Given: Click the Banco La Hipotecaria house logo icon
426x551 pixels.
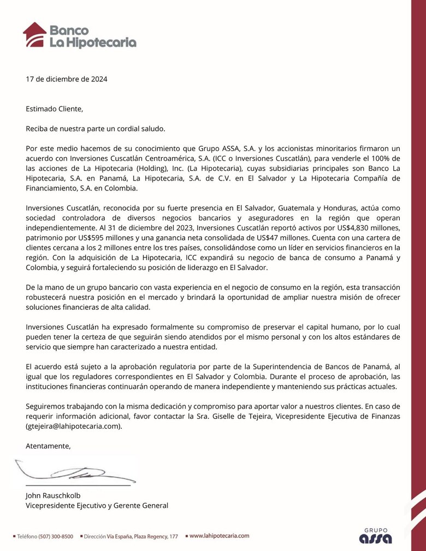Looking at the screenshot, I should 35,34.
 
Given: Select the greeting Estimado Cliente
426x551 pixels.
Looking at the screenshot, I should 54,109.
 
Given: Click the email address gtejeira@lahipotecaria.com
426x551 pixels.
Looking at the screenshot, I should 73,427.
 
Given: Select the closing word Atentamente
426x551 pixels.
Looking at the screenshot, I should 48,446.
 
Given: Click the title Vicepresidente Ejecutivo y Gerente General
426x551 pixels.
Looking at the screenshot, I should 97,506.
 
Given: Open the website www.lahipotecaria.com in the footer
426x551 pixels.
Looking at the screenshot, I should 219,536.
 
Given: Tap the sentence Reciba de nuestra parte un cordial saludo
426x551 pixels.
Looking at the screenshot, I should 95,128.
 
